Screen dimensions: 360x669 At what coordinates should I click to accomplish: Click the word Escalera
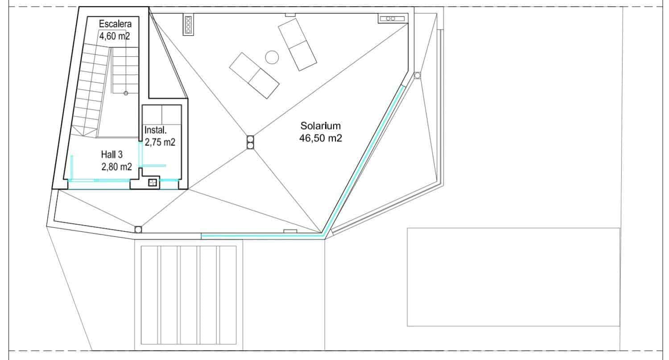coord(116,24)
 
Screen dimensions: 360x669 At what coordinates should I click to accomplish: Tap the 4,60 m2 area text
coord(115,36)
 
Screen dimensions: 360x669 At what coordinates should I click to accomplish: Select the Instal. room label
coord(156,131)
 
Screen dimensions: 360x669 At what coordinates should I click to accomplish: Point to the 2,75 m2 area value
coord(160,143)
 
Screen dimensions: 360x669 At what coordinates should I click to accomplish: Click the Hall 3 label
coord(111,154)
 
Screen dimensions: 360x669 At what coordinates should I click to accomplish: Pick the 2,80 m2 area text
coord(117,167)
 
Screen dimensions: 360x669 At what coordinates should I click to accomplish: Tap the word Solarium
coord(320,125)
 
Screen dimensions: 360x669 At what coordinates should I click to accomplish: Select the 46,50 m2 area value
coord(321,138)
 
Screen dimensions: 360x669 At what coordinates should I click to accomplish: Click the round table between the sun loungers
coord(272,57)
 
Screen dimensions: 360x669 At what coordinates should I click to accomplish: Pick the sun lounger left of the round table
coord(254,75)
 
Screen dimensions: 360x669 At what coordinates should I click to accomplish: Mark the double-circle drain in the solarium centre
coord(250,142)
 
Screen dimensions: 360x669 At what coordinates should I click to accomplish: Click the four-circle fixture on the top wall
coord(188,25)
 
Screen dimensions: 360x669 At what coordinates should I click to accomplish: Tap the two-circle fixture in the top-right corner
coord(392,18)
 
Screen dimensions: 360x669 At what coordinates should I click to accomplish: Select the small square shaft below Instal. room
coord(153,182)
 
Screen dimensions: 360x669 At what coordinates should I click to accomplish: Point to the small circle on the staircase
coord(126,93)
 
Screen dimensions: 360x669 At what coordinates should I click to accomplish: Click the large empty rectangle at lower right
coord(513,277)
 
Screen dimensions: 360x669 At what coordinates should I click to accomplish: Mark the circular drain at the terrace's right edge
coord(417,75)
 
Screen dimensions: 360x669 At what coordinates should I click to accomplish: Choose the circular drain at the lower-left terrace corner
coord(138,229)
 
